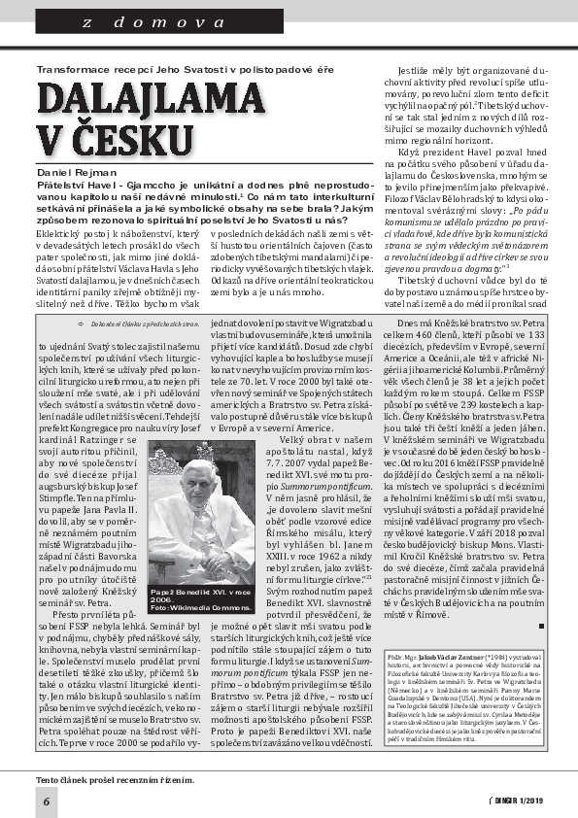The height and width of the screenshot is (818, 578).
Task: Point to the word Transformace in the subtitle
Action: pyautogui.click(x=70, y=69)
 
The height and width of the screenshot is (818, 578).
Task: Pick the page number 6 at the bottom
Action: pyautogui.click(x=46, y=800)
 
